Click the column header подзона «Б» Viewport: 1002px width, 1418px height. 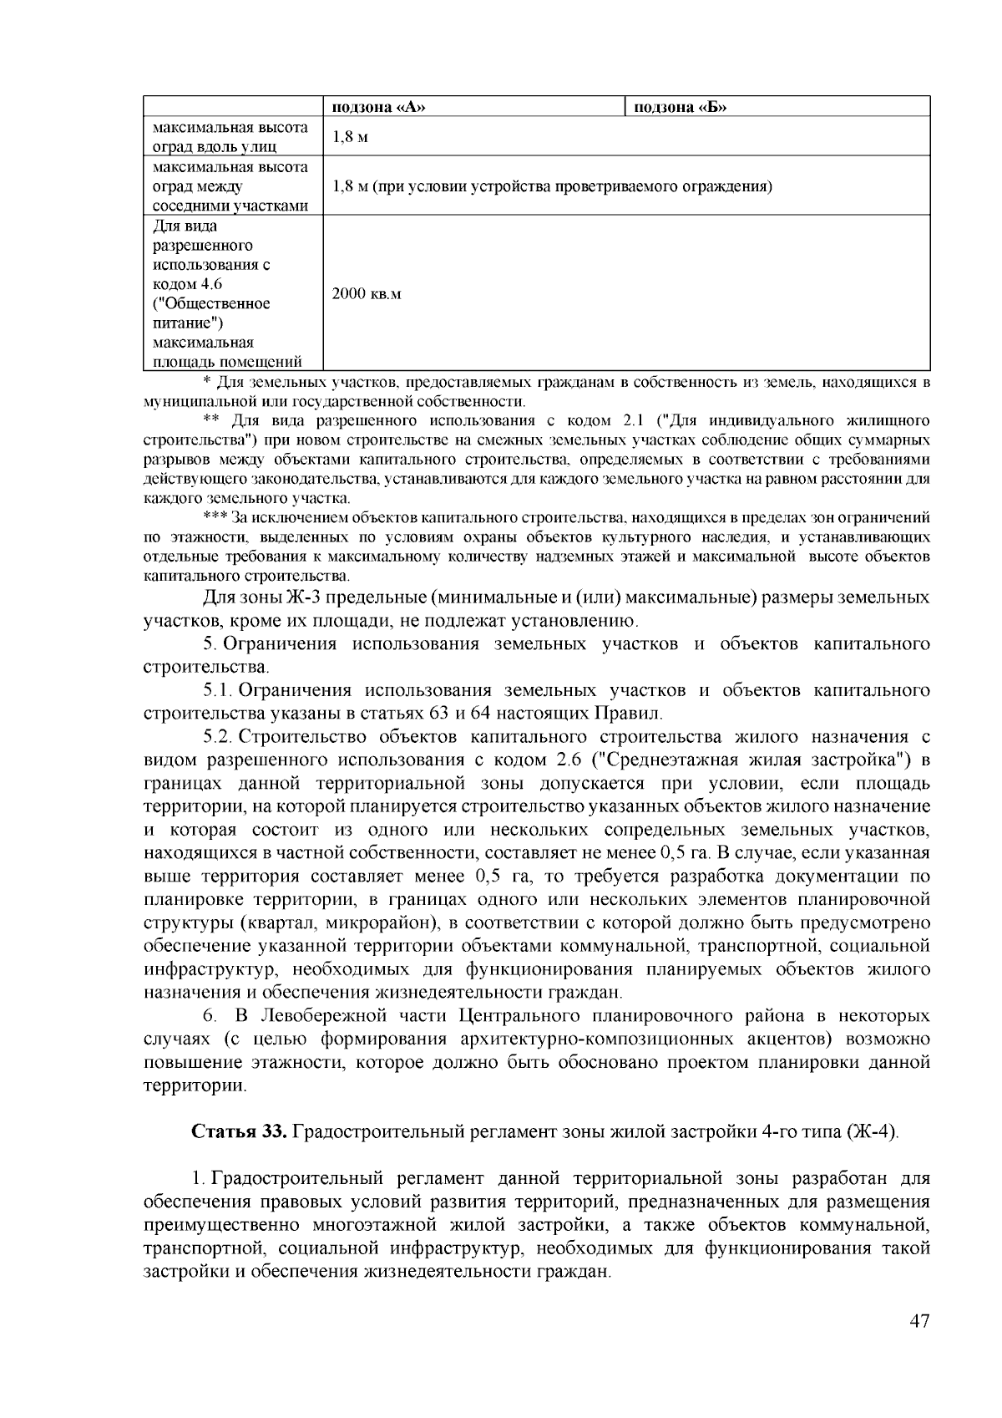point(681,107)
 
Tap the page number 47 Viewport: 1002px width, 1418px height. point(918,1321)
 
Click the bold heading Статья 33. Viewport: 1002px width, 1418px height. point(240,1132)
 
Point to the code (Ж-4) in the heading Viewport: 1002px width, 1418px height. point(872,1132)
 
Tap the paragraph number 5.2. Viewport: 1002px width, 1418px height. point(215,737)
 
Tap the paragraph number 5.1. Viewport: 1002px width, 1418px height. point(215,690)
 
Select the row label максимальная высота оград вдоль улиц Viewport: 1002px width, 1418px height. point(230,137)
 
